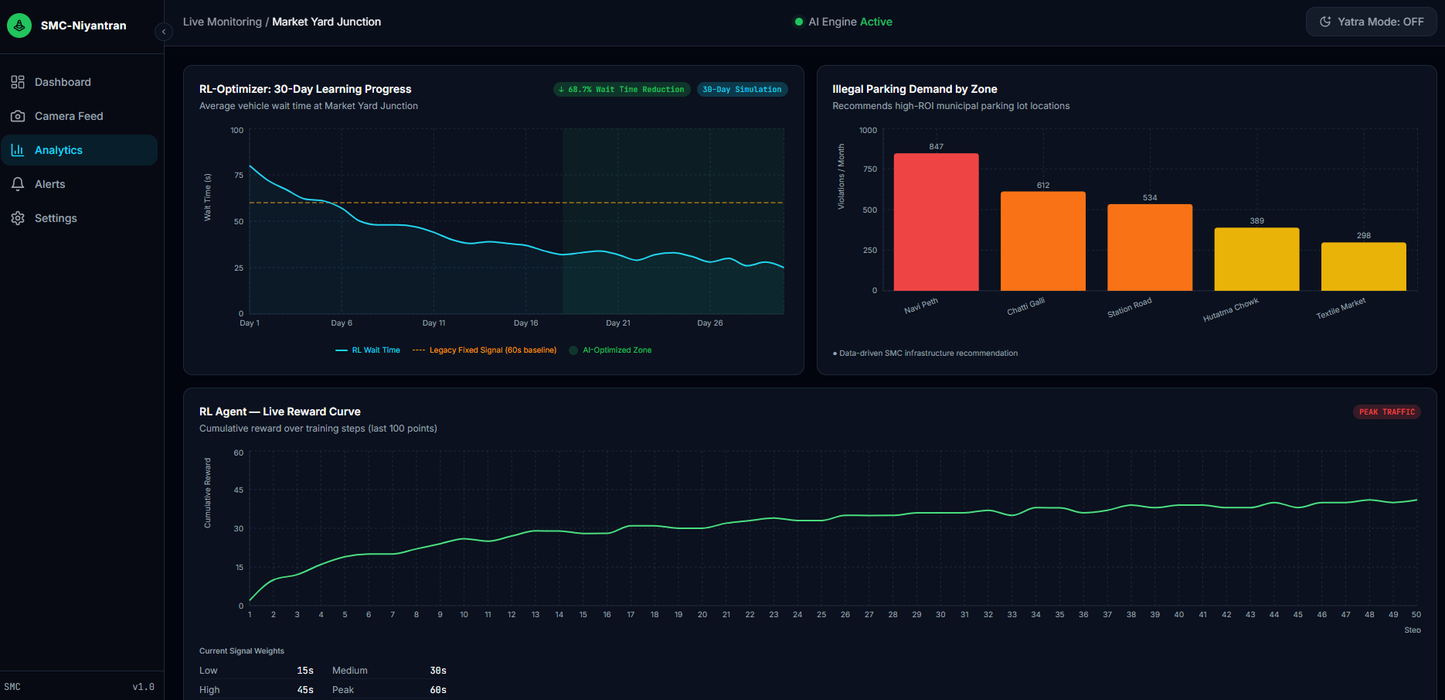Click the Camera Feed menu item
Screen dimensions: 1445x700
(57, 116)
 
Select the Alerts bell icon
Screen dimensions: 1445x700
(18, 184)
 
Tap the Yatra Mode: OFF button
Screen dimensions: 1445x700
(1371, 22)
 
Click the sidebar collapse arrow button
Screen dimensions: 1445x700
(163, 32)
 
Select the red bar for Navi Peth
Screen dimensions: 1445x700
(936, 222)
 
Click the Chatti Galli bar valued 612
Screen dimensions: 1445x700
(1043, 241)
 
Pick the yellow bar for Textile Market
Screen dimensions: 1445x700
(1364, 267)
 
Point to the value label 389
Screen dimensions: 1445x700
(1257, 220)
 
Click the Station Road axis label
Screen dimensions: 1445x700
(1130, 307)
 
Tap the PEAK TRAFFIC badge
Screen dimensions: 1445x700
(1387, 411)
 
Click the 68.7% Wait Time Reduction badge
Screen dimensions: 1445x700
(622, 90)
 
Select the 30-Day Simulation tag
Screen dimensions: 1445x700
(742, 90)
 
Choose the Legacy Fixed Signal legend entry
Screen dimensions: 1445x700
(484, 350)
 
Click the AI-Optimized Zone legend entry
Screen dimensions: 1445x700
(610, 350)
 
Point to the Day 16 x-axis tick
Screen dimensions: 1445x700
(526, 323)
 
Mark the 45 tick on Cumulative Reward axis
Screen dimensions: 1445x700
(239, 490)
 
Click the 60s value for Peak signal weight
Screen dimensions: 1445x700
(438, 690)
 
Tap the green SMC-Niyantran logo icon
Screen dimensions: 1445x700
(19, 26)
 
